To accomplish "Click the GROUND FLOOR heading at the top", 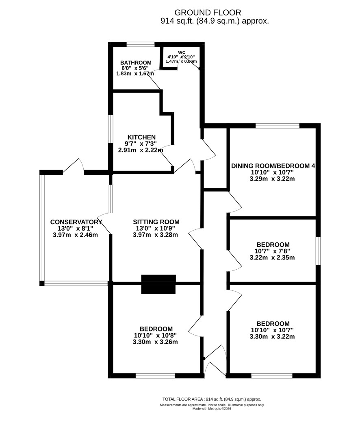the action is [x=208, y=13].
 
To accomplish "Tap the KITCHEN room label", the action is [x=142, y=137].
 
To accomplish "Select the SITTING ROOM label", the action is [x=156, y=222].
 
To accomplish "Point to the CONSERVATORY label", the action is [x=76, y=222].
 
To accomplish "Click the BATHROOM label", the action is [x=136, y=63].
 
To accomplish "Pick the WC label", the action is [x=182, y=52].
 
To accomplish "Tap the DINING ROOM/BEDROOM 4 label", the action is [x=273, y=166].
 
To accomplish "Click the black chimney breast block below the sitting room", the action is [x=158, y=284].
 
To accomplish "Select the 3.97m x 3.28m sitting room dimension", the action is [x=156, y=235].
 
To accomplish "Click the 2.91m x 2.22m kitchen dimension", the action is [x=141, y=150].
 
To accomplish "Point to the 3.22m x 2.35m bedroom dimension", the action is [x=272, y=257].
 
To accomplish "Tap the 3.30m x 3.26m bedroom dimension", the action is [x=156, y=342].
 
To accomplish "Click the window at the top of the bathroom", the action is [x=141, y=44].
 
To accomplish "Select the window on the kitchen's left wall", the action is [x=111, y=129].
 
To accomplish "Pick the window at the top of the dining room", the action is [x=278, y=126].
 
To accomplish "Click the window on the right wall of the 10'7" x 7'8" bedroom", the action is [x=318, y=251].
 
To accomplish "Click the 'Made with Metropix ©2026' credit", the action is [x=212, y=408].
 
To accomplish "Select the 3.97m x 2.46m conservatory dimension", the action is [x=75, y=235].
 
